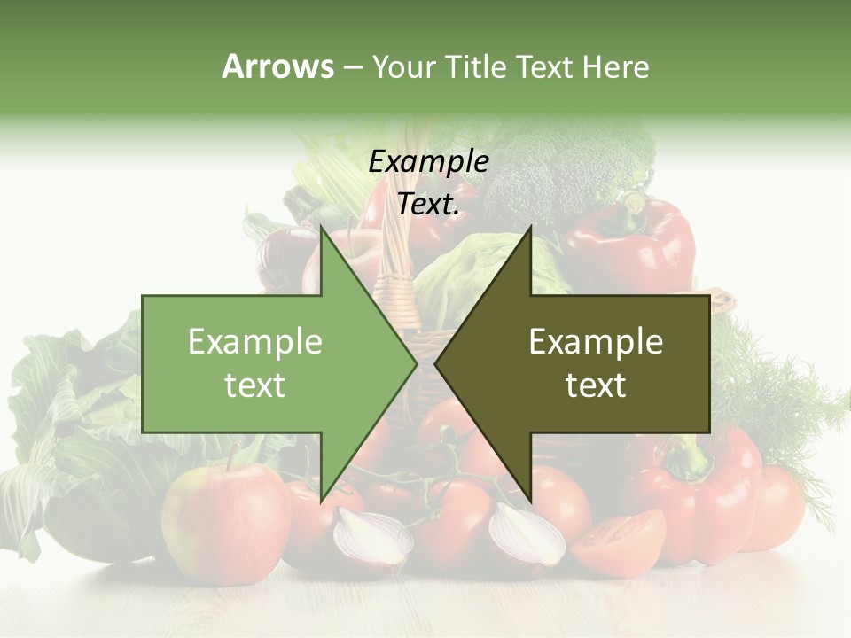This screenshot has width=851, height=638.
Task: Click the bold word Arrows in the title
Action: pyautogui.click(x=277, y=66)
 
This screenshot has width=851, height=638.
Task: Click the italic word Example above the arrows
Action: pyautogui.click(x=428, y=162)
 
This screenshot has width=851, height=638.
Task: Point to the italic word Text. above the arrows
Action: pyautogui.click(x=428, y=204)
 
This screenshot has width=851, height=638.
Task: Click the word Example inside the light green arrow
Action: pyautogui.click(x=255, y=342)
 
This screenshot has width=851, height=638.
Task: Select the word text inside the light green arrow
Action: pyautogui.click(x=255, y=385)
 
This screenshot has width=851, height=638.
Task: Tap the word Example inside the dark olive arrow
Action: pyautogui.click(x=596, y=342)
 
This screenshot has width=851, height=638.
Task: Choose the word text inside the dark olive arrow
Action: pyautogui.click(x=596, y=385)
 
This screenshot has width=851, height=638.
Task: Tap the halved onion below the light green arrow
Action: pyautogui.click(x=372, y=536)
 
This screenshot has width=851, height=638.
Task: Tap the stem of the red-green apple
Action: pyautogui.click(x=231, y=455)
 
